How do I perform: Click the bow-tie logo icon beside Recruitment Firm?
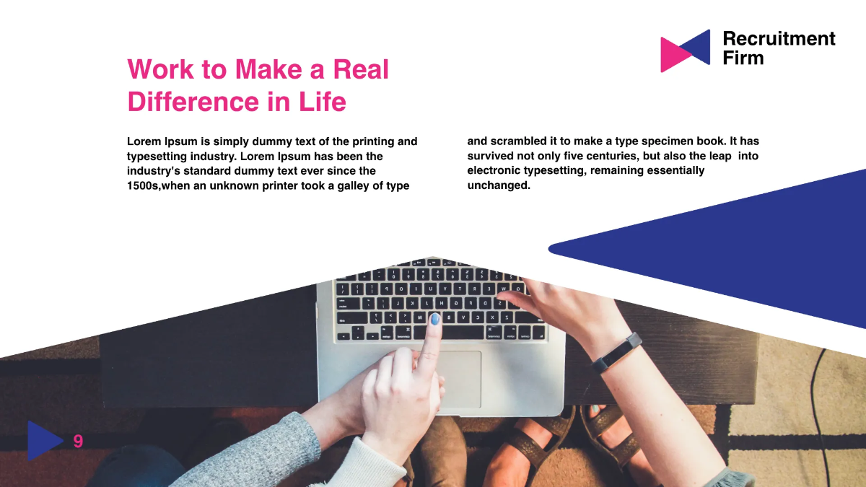[x=685, y=51]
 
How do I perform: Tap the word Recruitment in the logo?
[x=779, y=39]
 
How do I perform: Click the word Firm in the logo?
[x=743, y=58]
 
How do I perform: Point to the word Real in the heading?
[x=360, y=70]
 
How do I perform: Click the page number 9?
[x=78, y=442]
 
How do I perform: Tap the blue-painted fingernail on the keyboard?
[x=434, y=319]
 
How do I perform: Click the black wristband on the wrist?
[x=618, y=351]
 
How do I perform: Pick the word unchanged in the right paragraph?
[x=499, y=186]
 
